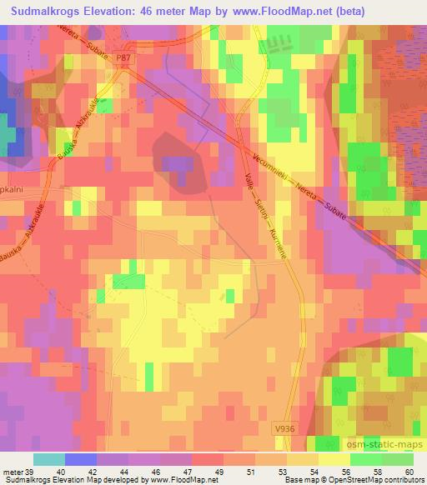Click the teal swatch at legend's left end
click(48, 459)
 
